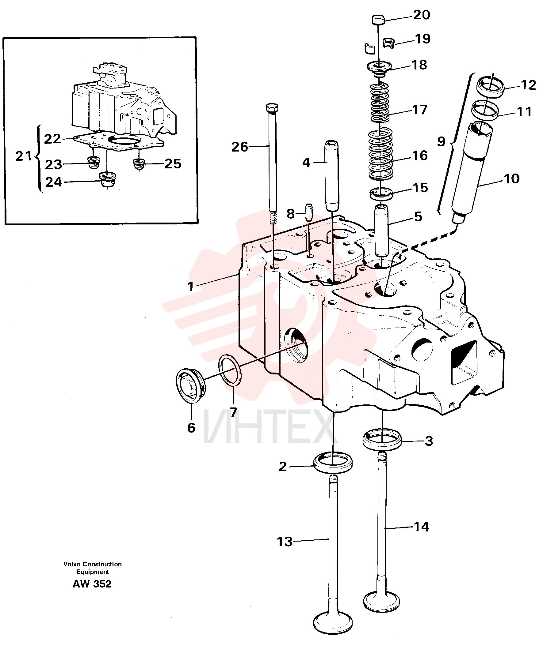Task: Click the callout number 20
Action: (422, 15)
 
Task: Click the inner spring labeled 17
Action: (380, 102)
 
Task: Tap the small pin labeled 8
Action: (308, 212)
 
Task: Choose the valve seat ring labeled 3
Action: (382, 439)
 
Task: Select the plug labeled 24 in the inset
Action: (107, 180)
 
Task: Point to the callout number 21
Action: (24, 156)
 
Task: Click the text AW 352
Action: (92, 584)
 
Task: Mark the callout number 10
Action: (511, 178)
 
